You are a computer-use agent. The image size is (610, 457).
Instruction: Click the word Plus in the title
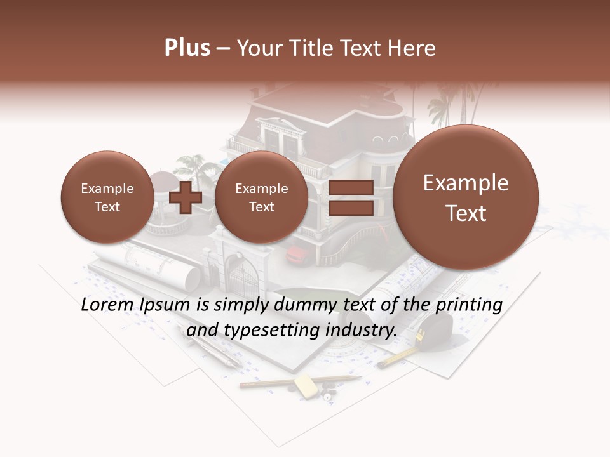pos(187,48)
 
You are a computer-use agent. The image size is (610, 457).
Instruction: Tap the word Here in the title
pos(412,48)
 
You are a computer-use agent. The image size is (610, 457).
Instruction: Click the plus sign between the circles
pos(186,197)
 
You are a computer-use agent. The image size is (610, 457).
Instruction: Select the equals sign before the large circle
pos(350,197)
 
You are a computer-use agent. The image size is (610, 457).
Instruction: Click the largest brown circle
pos(466,197)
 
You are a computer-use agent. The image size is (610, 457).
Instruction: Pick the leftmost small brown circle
pos(107,197)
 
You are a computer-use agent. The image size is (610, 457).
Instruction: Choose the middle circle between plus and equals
pos(261,197)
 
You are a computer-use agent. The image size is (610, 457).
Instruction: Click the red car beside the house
pos(295,255)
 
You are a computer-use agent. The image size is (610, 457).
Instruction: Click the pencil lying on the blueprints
pos(299,381)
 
